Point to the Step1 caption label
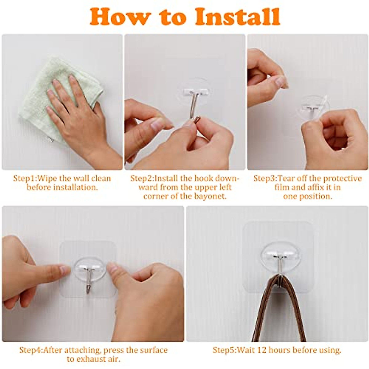pyautogui.click(x=25, y=178)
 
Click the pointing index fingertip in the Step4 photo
pyautogui.click(x=65, y=269)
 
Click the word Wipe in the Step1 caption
pyautogui.click(x=47, y=178)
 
